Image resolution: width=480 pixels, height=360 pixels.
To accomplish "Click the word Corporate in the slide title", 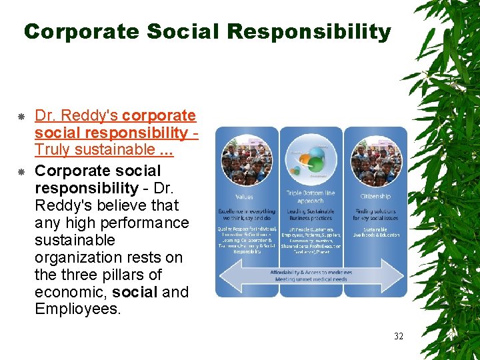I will tap(81, 31).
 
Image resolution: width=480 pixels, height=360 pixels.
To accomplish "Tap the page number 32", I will tap(398, 335).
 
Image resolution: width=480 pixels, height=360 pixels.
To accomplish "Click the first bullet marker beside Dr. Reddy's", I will tap(21, 117).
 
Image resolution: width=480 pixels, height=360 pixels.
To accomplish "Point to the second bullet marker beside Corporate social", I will tap(21, 171).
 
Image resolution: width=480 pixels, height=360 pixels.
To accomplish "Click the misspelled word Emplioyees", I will tap(78, 309).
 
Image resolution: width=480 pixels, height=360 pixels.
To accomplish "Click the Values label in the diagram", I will tap(245, 197).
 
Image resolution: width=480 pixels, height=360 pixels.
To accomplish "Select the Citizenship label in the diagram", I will tap(375, 197).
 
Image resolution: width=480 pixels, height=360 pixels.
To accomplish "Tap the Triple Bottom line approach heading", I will tap(310, 197).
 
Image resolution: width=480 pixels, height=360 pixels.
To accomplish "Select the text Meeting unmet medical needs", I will tap(311, 280).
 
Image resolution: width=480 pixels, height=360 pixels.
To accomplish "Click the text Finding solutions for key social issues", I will tap(375, 215).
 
